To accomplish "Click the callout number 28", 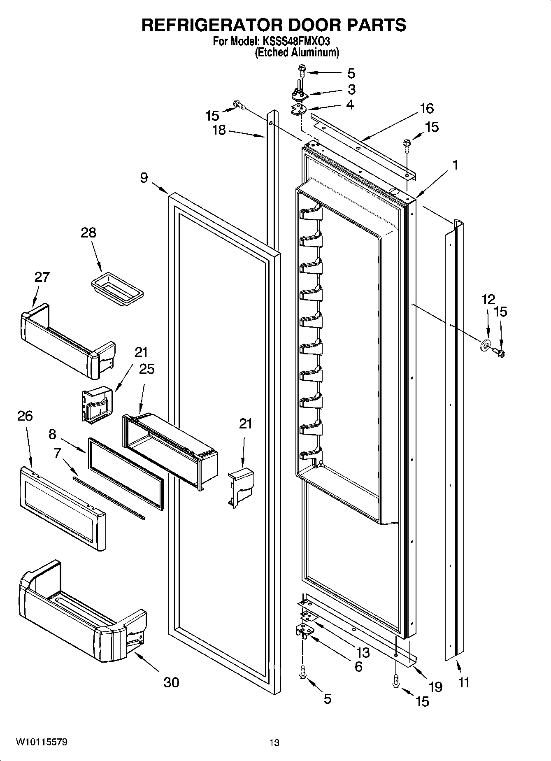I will point(88,233).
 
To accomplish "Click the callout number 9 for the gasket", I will point(144,178).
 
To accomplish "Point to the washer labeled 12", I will point(485,344).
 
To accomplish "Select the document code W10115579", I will point(42,742).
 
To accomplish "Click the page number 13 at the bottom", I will point(274,742).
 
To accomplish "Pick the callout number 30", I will point(171,682).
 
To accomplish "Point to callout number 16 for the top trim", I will point(427,109).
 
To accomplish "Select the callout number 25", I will point(147,369).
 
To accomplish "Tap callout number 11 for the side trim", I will point(464,682).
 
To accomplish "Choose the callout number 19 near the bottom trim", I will point(435,687).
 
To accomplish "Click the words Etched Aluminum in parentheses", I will point(297,53).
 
